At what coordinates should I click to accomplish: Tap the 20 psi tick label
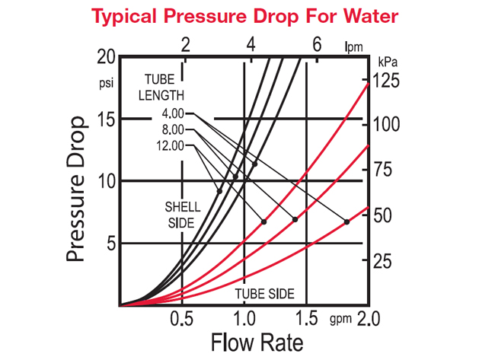[x=107, y=58]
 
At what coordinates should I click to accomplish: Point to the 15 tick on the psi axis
[x=107, y=119]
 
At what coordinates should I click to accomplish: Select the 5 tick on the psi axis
[x=110, y=244]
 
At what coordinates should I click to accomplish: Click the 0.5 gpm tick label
[x=180, y=317]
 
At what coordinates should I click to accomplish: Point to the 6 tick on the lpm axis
[x=316, y=44]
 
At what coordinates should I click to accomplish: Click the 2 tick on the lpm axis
[x=184, y=44]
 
